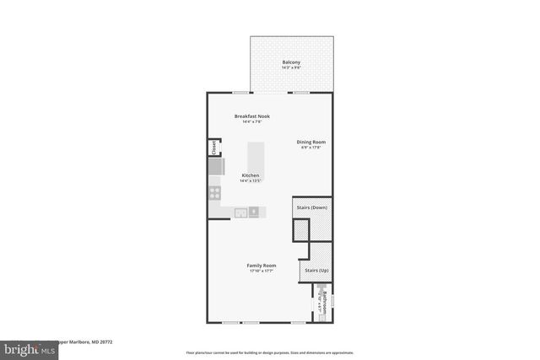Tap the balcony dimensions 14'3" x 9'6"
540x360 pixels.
[x=291, y=69]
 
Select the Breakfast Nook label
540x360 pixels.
[x=251, y=116]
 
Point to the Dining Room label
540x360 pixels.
[x=310, y=142]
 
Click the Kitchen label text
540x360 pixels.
[x=251, y=175]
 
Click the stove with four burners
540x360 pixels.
[x=214, y=192]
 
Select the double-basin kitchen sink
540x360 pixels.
[x=240, y=211]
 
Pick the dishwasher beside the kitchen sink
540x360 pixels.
[x=254, y=211]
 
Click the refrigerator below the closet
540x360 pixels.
[x=215, y=168]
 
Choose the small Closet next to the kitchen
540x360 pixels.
[x=214, y=148]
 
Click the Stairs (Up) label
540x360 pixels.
[x=316, y=271]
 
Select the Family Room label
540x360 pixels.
[x=262, y=265]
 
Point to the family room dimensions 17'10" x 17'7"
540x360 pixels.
[x=262, y=271]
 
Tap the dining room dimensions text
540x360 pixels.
[x=310, y=148]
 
